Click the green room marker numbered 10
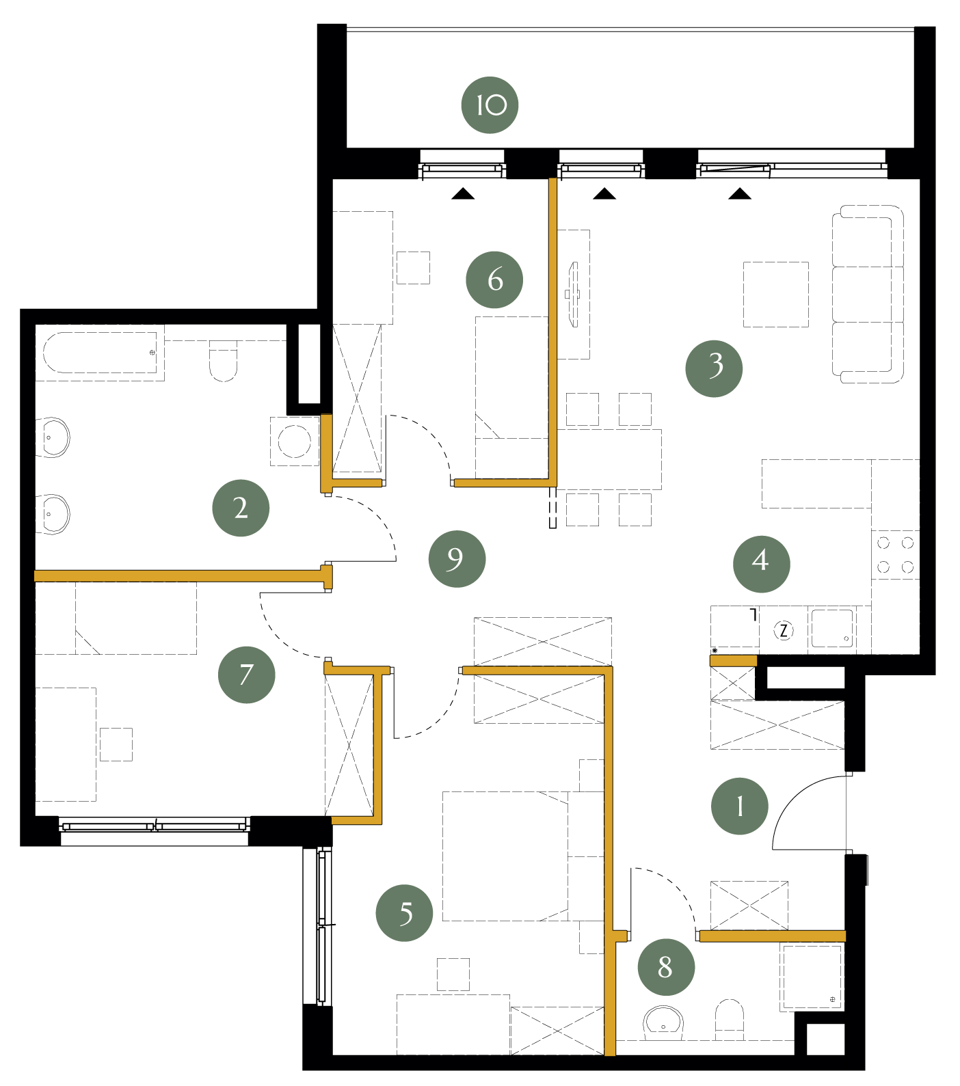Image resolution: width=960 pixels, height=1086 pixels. [x=490, y=105]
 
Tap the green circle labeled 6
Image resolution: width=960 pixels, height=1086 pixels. [x=494, y=280]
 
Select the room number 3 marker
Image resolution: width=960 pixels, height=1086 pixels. [x=714, y=368]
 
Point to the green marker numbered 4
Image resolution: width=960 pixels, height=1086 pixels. [x=761, y=564]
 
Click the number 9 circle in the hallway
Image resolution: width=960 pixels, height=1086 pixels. [x=457, y=559]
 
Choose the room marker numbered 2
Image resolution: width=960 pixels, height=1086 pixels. [x=241, y=508]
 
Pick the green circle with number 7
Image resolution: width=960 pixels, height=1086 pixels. [x=246, y=675]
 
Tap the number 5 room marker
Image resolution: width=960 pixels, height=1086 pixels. [x=404, y=913]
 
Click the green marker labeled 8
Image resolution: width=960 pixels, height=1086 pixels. [x=666, y=967]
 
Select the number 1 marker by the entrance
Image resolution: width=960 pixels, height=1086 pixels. [x=740, y=806]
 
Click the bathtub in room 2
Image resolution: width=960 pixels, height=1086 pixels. [x=101, y=353]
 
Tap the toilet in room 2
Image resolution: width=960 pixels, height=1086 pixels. [x=223, y=361]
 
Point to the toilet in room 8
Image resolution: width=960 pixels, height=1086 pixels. [x=730, y=1020]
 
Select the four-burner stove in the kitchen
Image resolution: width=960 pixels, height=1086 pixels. [x=895, y=554]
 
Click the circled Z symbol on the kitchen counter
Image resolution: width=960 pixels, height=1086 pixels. [x=784, y=630]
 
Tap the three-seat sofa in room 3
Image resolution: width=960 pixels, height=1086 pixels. [x=868, y=294]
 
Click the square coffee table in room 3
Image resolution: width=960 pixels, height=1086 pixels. [x=776, y=294]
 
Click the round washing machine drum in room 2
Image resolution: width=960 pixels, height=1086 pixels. [x=295, y=442]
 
